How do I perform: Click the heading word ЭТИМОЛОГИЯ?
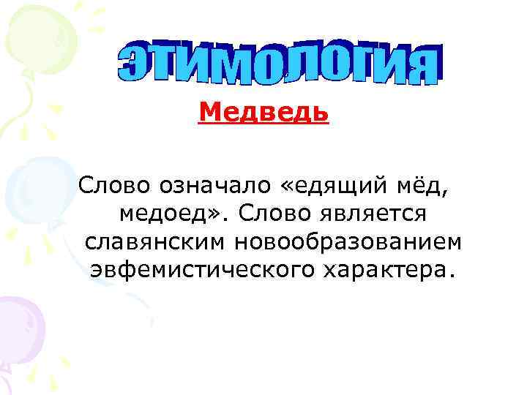[x=279, y=65]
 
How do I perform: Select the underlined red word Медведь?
[x=264, y=113]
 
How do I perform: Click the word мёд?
[x=425, y=187]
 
